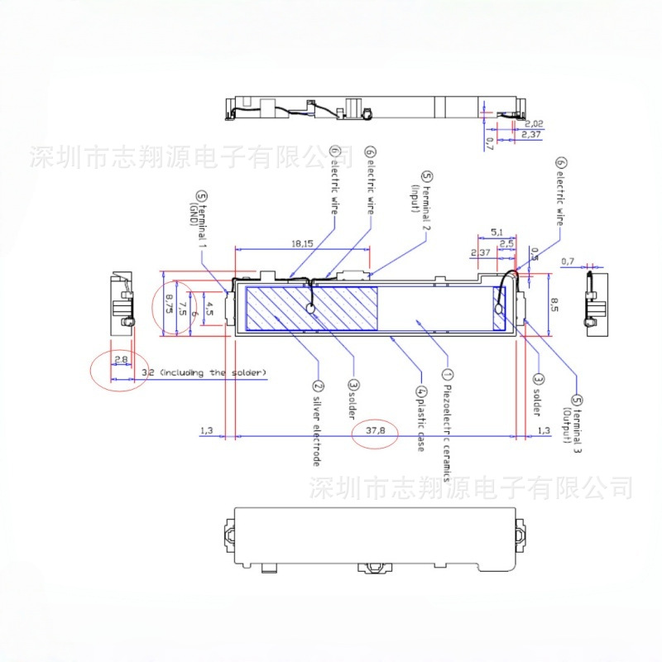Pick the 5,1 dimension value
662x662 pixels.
point(496,232)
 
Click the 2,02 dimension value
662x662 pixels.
point(533,123)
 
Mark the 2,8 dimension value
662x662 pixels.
point(121,359)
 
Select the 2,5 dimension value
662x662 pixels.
point(506,243)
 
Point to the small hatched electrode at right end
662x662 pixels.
point(498,309)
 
